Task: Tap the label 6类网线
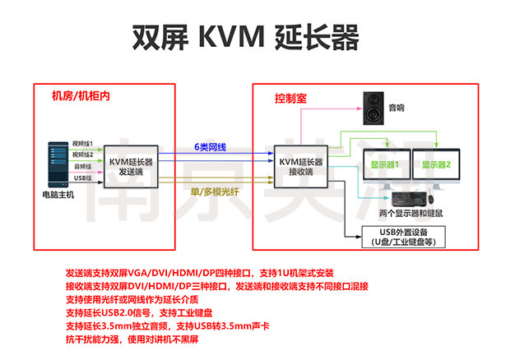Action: [x=212, y=145]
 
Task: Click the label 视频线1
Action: [x=82, y=142]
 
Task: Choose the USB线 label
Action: [x=82, y=177]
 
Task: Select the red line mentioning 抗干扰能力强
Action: [x=132, y=338]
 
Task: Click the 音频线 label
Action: [x=82, y=165]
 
